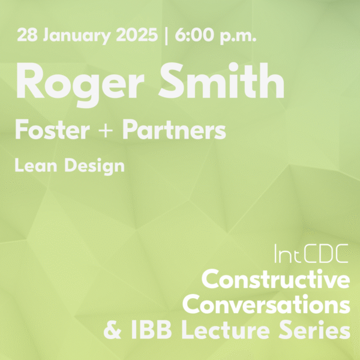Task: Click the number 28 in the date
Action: coord(27,35)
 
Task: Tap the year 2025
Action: coord(137,35)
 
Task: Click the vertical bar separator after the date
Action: coord(166,36)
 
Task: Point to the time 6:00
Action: coord(194,35)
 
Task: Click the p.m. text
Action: coord(238,37)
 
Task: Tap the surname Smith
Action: coord(221,80)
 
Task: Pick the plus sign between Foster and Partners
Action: coord(106,131)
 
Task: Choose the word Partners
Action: coord(174,130)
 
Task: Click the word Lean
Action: coord(35,165)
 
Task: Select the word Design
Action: coord(94,166)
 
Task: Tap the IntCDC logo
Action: coord(311,253)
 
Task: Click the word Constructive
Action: coord(276,279)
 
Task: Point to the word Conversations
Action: coord(266,304)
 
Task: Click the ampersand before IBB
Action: coord(112,329)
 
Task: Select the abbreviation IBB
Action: coord(152,329)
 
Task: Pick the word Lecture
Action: coord(226,329)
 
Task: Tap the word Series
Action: coord(314,329)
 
